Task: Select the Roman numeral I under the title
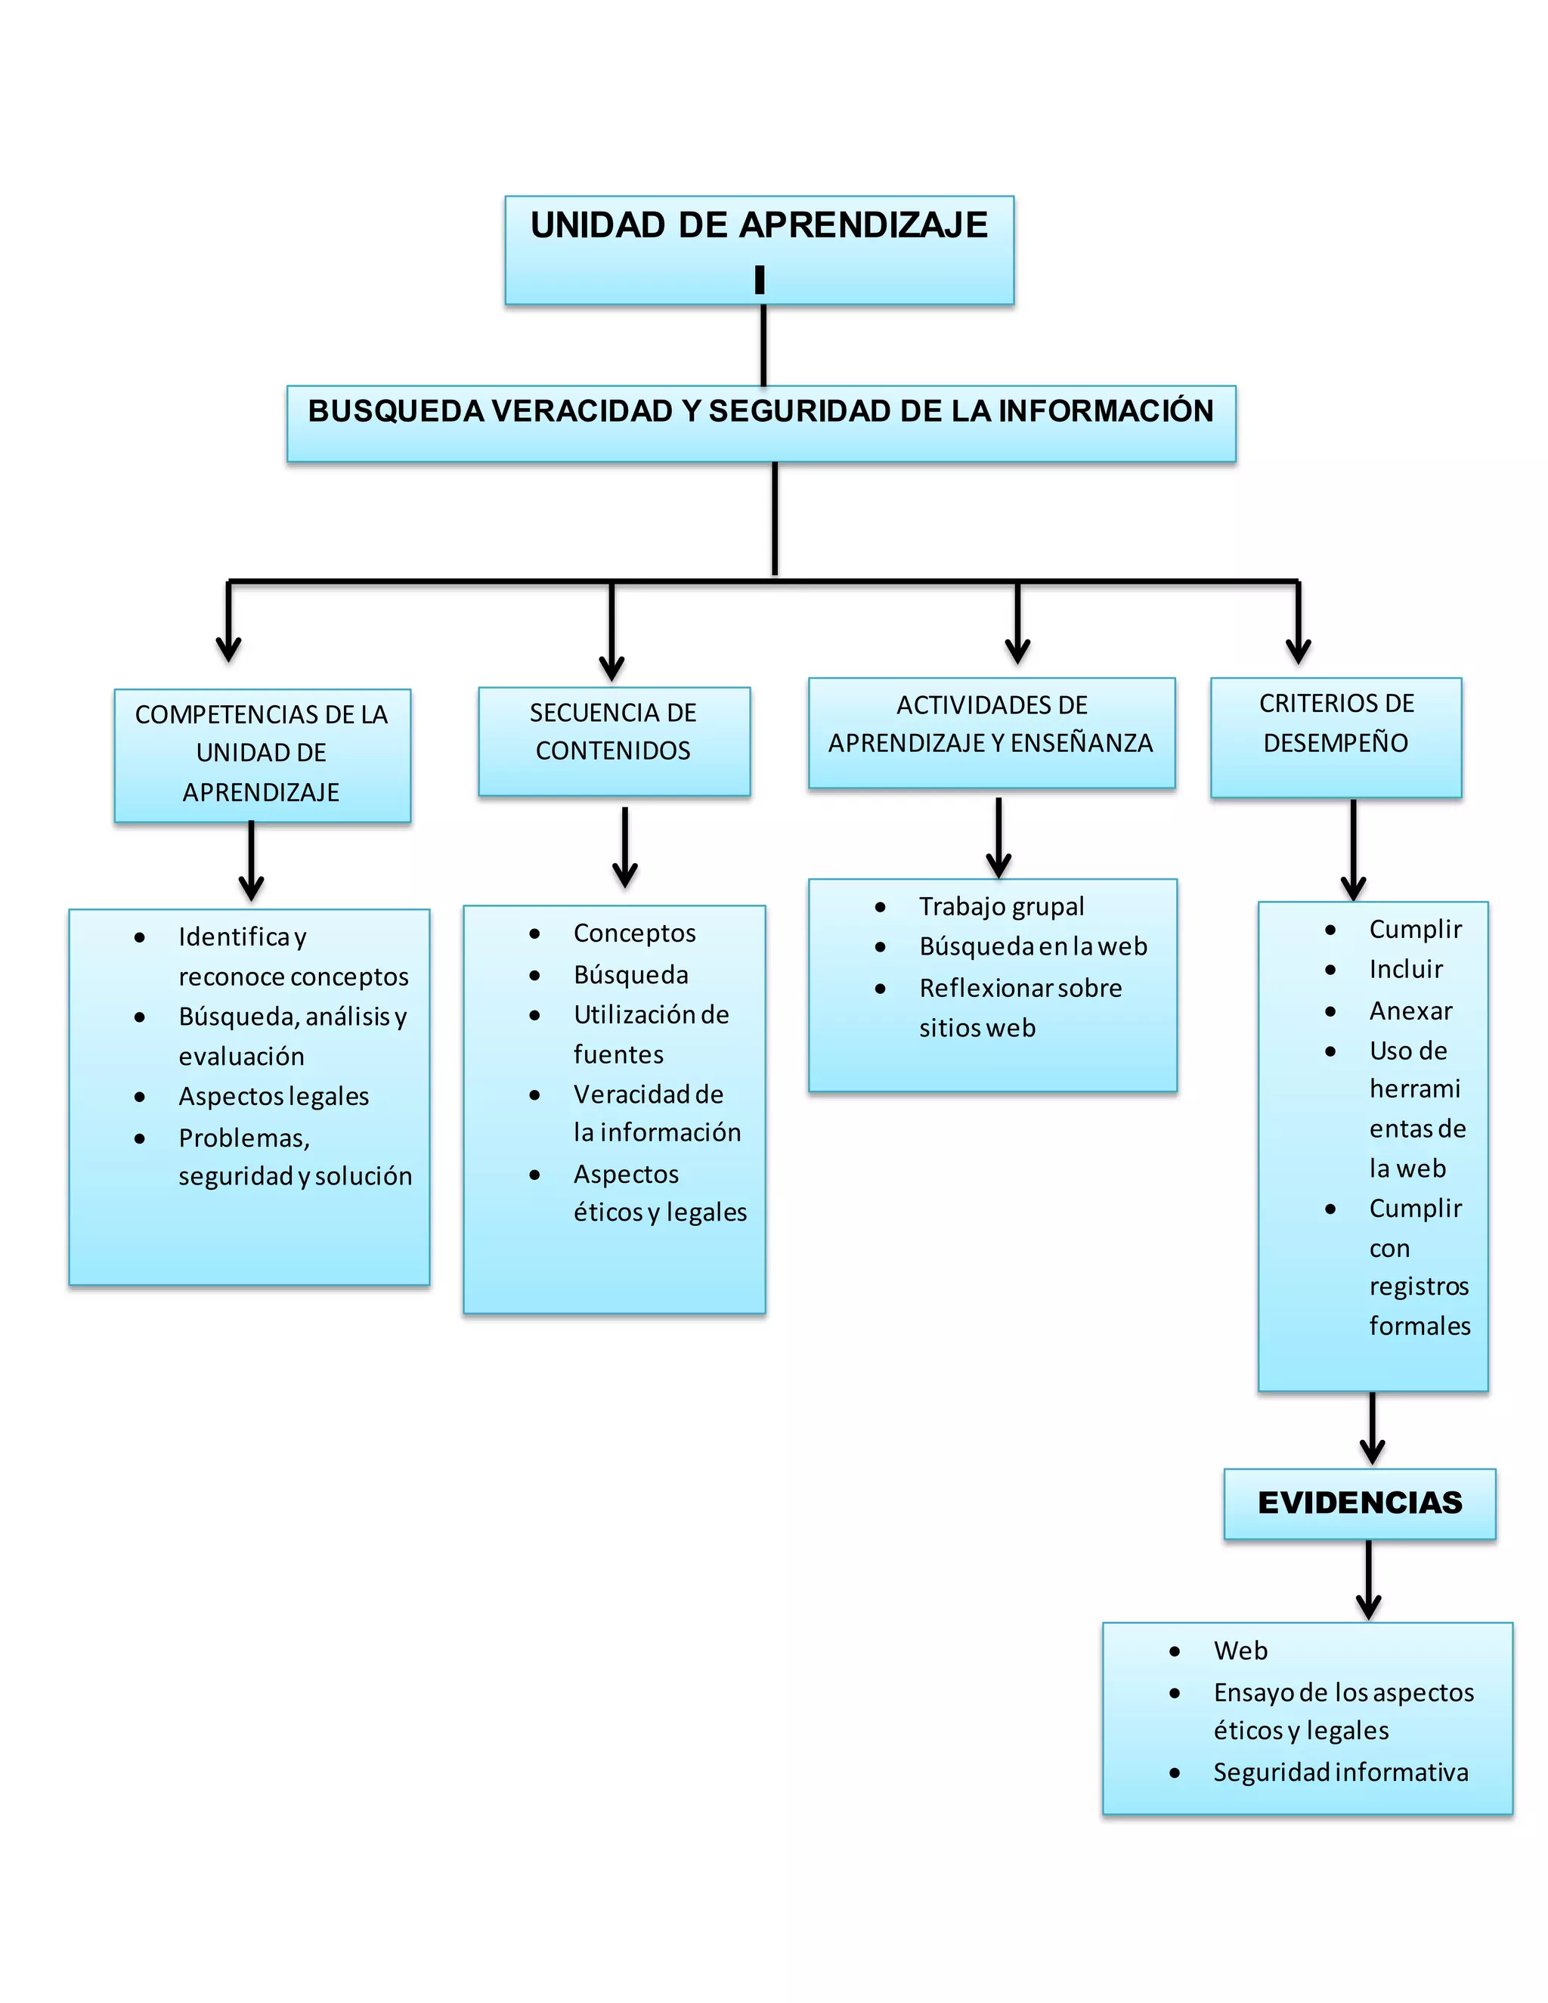760,279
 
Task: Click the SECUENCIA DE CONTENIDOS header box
614,740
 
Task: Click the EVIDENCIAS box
1359,1503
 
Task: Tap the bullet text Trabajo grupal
1002,906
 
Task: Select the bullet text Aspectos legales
274,1096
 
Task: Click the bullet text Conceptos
635,933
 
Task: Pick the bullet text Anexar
1410,1011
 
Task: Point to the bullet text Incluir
1406,970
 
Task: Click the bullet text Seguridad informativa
1340,1771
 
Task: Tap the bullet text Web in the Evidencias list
1240,1650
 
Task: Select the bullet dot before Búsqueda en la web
881,947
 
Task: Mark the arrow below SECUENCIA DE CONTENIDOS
624,848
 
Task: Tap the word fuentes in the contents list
618,1054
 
